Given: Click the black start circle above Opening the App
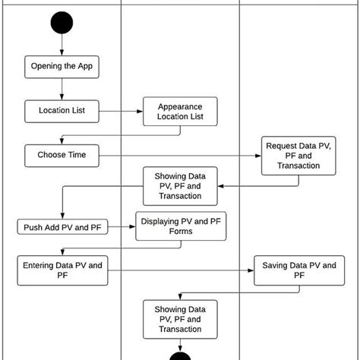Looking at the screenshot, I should tap(62, 23).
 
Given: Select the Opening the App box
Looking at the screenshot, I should tap(62, 66).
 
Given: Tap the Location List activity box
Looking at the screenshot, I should tap(62, 111).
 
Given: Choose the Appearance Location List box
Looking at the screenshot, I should tap(180, 111).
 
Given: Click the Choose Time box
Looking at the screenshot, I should tap(62, 155).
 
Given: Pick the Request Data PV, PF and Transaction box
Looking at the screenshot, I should tap(298, 155).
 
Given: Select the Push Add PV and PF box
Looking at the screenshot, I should tap(62, 226).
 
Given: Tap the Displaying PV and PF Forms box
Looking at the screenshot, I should tap(180, 226).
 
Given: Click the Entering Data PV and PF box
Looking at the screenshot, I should tap(62, 270).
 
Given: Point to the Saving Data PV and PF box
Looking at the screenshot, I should tap(298, 270).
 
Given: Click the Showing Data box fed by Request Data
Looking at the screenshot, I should tap(180, 185).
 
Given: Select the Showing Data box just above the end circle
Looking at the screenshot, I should tap(180, 319).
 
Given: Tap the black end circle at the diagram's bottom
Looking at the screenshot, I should tap(180, 355).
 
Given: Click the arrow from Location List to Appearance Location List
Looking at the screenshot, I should tap(122, 111).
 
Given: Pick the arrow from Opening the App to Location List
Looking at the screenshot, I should tap(62, 89).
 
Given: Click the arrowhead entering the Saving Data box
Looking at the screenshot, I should tap(251, 270).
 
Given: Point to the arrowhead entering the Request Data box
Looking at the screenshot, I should tap(256, 155).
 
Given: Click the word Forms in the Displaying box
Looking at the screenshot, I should tap(180, 232).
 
